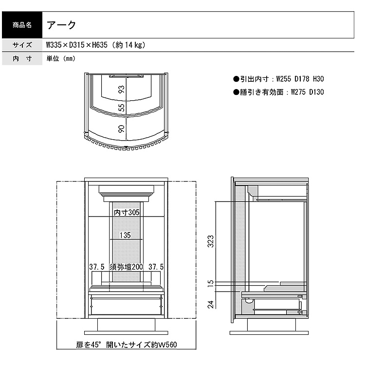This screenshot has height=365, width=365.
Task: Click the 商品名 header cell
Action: coord(22,25)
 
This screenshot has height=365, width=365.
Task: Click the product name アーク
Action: coord(61,25)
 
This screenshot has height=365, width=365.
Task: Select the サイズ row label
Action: coord(22,45)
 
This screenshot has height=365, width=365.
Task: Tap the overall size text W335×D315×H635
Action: coord(77,45)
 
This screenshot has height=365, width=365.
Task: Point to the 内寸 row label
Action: coord(22,58)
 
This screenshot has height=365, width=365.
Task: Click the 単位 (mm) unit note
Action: coord(61,58)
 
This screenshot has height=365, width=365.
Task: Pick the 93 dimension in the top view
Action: coord(122,90)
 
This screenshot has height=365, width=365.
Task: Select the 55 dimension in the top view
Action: coord(122,108)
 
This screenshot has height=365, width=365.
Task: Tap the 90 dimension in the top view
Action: coord(122,129)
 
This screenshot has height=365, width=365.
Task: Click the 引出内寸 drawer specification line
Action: coord(278,79)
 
